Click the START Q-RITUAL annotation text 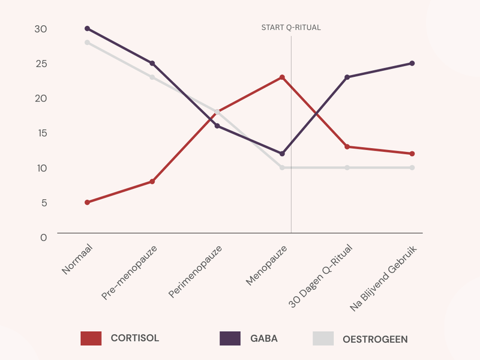291,28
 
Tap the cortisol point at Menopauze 282,77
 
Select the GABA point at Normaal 88,29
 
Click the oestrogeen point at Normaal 88,43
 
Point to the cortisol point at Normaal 88,202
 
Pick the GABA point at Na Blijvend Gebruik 412,63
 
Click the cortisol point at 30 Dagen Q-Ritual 347,146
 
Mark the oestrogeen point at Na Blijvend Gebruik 412,167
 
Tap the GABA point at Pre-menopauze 152,63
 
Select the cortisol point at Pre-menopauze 152,181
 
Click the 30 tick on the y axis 40,29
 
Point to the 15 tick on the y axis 40,133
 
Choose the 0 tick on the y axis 43,237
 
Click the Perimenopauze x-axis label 196,271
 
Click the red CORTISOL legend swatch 91,338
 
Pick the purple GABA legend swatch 230,338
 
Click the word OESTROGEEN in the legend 375,339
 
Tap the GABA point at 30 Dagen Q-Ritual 347,77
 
